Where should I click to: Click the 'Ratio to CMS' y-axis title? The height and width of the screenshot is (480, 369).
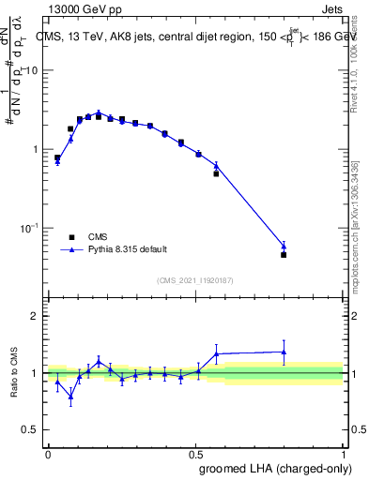(13, 372)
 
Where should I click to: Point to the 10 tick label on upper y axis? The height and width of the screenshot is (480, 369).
(32, 70)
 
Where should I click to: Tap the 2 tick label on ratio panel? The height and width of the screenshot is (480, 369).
(36, 316)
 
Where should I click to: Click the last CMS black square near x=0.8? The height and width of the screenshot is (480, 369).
(284, 254)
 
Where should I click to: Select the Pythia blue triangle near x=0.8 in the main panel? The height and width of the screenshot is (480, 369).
(284, 247)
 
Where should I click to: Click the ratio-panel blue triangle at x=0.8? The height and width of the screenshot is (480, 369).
(284, 352)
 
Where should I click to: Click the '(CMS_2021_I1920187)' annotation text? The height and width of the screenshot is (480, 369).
(194, 279)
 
